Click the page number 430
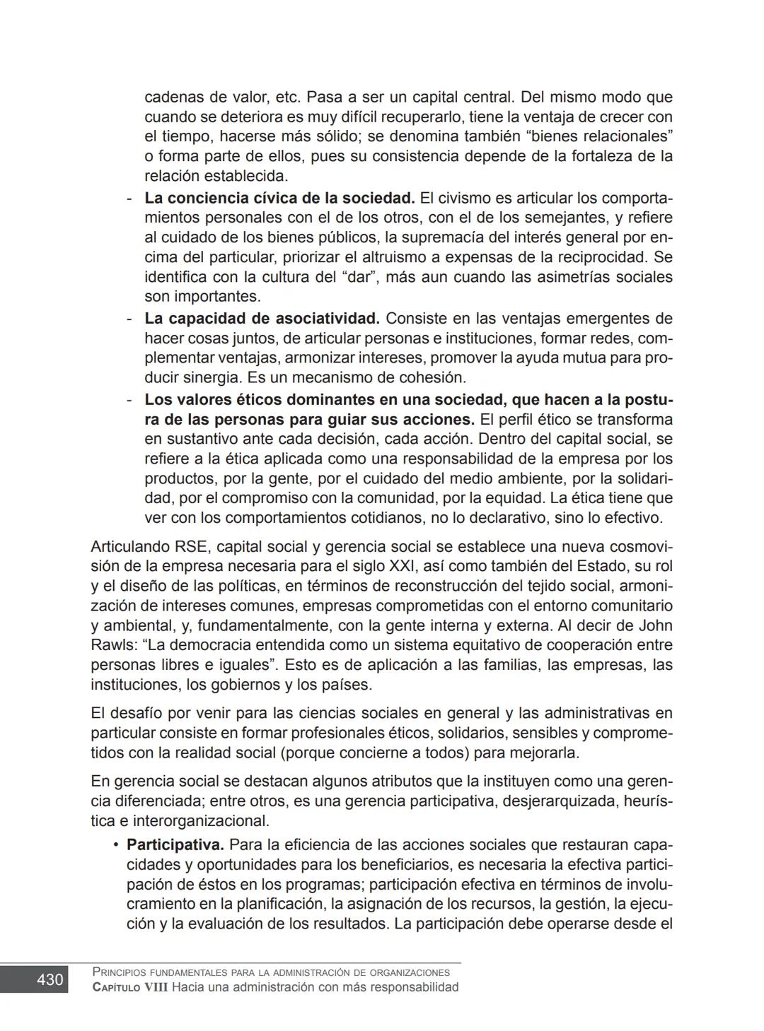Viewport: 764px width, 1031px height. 50,979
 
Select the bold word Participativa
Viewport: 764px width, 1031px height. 175,844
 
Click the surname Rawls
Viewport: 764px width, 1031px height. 111,645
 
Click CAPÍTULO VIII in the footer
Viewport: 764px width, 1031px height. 130,987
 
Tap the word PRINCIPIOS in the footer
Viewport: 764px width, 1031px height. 125,972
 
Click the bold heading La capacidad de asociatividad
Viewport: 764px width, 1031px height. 262,318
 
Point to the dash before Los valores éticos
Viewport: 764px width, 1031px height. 129,400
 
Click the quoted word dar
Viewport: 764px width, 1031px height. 356,276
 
